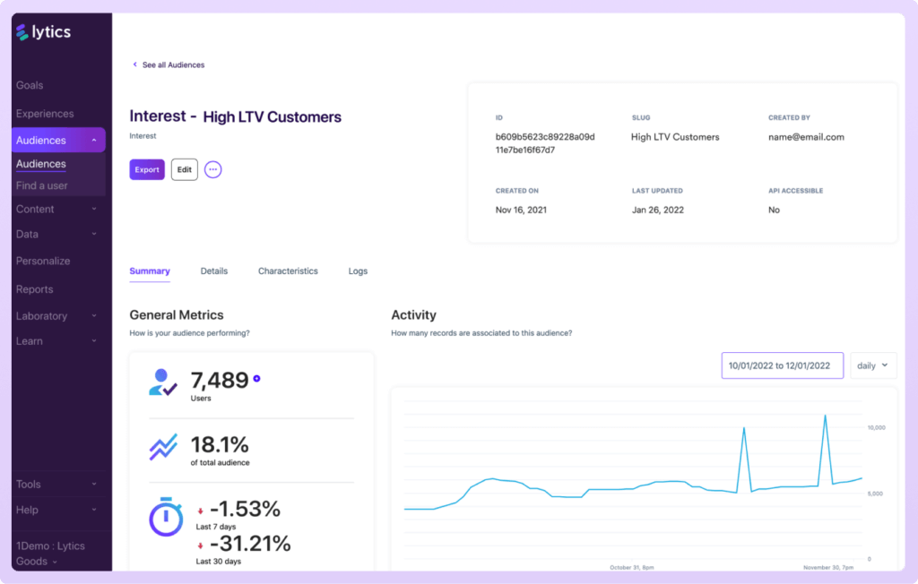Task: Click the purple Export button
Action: [x=147, y=169]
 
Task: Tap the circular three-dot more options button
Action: [x=212, y=169]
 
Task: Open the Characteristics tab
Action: [x=288, y=271]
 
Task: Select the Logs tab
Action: [x=358, y=271]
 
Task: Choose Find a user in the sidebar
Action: [x=42, y=185]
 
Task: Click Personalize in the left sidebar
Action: [x=43, y=261]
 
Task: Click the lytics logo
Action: [x=43, y=32]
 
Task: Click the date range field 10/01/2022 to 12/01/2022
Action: [x=782, y=365]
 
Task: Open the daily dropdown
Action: [x=873, y=365]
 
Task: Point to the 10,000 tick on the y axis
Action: [x=876, y=427]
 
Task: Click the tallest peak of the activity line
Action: [x=825, y=417]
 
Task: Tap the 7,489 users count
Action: [x=220, y=380]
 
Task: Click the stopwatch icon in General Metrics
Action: [x=166, y=516]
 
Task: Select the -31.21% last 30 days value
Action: [x=250, y=543]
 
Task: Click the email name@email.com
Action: [x=806, y=137]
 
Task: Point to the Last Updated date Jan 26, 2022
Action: [x=659, y=210]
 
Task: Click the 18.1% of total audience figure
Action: [x=220, y=444]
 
